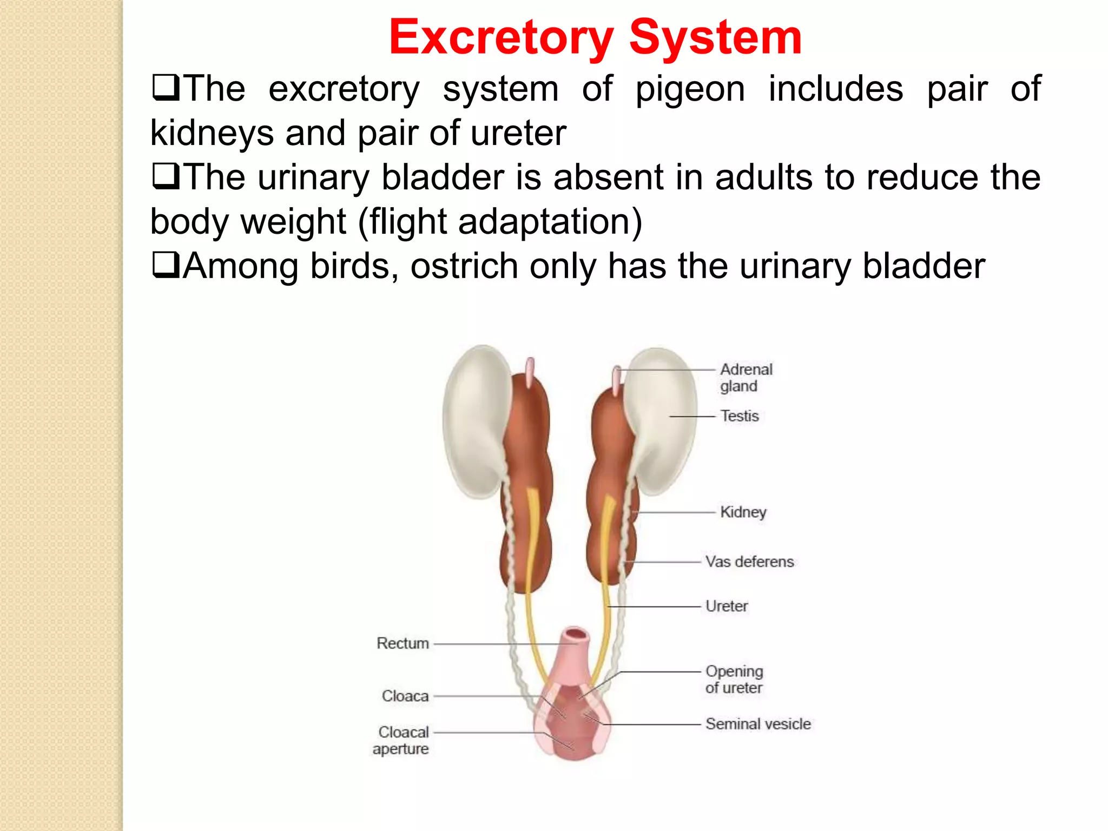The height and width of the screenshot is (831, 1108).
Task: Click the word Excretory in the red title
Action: [501, 38]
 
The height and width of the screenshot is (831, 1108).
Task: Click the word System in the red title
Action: [715, 38]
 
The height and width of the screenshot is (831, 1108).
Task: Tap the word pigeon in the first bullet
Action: [690, 89]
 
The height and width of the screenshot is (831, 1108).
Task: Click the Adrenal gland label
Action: [746, 378]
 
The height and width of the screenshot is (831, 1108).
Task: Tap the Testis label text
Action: [739, 416]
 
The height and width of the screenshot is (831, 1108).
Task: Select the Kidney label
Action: [743, 512]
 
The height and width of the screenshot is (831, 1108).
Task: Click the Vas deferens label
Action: [749, 562]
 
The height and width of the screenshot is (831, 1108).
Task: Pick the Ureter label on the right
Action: [727, 606]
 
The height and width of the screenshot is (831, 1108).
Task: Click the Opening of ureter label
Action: [734, 680]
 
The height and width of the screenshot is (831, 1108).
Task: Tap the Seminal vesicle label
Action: [758, 724]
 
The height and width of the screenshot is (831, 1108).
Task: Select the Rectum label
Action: [403, 643]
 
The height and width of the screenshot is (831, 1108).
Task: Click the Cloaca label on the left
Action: [405, 696]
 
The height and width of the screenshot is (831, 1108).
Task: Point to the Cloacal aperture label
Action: [401, 740]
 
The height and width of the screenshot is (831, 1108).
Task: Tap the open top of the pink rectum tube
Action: [576, 634]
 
